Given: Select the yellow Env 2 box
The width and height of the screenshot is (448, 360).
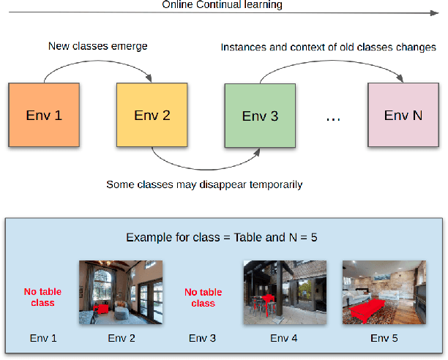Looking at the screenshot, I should pyautogui.click(x=152, y=115).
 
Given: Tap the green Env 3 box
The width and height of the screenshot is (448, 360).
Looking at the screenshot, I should pyautogui.click(x=260, y=116).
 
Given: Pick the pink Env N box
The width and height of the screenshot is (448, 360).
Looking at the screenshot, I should pyautogui.click(x=403, y=115).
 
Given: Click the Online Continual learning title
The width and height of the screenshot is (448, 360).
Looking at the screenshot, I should pyautogui.click(x=223, y=5).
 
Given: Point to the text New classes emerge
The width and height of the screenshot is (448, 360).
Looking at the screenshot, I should pyautogui.click(x=97, y=46).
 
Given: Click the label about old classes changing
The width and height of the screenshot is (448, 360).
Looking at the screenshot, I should pyautogui.click(x=328, y=47).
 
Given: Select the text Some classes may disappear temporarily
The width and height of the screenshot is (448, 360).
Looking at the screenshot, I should pyautogui.click(x=204, y=184).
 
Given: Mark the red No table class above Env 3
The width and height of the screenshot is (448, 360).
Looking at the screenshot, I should pyautogui.click(x=203, y=297).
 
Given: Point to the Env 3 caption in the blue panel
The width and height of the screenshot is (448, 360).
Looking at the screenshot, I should pyautogui.click(x=203, y=338).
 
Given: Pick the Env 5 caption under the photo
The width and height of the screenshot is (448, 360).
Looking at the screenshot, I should pyautogui.click(x=384, y=338).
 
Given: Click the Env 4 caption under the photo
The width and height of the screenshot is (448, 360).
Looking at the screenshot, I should pyautogui.click(x=283, y=338).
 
